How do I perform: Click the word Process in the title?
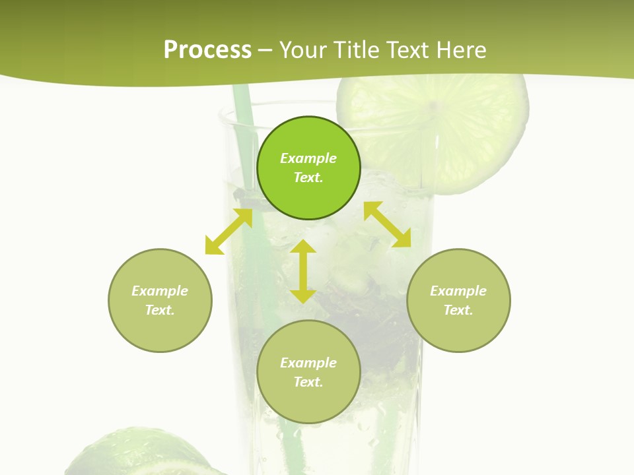point(207,50)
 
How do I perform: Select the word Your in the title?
point(303,50)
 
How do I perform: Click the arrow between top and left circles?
point(229,232)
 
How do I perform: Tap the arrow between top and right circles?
point(388,224)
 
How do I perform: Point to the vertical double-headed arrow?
point(303,271)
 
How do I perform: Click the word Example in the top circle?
point(308,158)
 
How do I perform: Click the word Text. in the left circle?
point(160,310)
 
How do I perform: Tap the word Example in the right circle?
point(458,291)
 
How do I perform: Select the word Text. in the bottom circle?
point(308,382)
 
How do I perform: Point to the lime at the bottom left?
point(132,455)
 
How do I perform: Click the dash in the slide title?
point(265,50)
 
